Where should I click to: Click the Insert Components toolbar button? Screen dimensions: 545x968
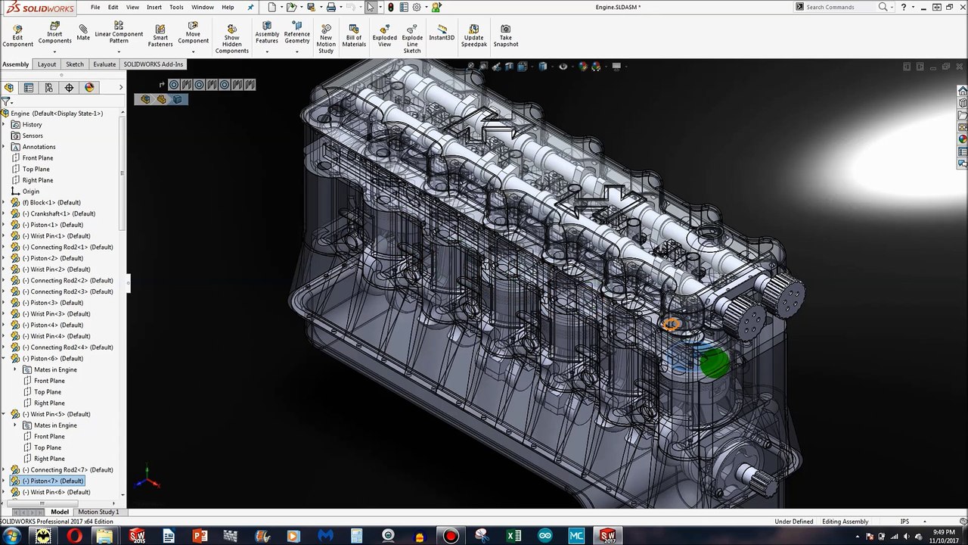click(54, 34)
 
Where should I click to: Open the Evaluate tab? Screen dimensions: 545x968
click(104, 64)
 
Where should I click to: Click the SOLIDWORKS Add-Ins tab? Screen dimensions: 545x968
click(154, 64)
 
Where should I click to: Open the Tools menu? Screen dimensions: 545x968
click(176, 7)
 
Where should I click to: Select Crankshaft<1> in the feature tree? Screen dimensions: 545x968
click(58, 213)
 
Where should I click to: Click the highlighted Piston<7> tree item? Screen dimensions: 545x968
click(53, 481)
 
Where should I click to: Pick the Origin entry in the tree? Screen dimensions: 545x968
click(30, 192)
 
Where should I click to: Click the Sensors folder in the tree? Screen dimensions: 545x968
click(33, 135)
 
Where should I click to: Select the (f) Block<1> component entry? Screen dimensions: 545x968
click(51, 202)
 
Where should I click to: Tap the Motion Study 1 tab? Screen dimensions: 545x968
click(98, 512)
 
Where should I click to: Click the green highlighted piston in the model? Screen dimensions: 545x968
click(714, 363)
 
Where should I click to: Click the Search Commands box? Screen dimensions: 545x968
click(839, 7)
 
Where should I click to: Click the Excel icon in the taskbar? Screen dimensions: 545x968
click(513, 536)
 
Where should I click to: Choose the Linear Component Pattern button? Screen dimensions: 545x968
click(119, 34)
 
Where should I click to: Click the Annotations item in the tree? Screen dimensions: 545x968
click(39, 147)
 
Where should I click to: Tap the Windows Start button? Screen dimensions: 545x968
click(11, 536)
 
